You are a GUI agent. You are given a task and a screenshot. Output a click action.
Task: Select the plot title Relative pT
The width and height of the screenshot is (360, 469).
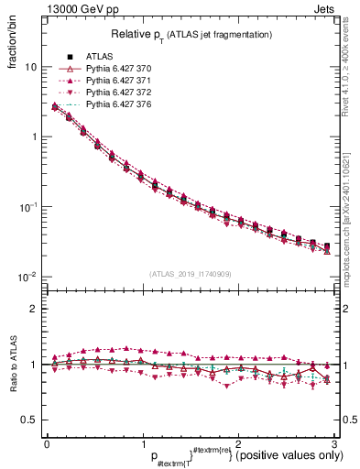[186, 34]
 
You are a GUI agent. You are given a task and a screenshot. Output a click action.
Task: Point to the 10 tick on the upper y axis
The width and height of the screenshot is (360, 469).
[31, 67]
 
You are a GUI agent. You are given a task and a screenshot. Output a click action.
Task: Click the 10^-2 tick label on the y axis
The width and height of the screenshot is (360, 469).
[27, 277]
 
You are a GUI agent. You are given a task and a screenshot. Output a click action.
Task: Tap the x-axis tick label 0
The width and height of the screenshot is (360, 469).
[47, 442]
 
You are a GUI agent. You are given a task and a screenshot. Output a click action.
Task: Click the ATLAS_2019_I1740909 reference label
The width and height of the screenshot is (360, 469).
[189, 272]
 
